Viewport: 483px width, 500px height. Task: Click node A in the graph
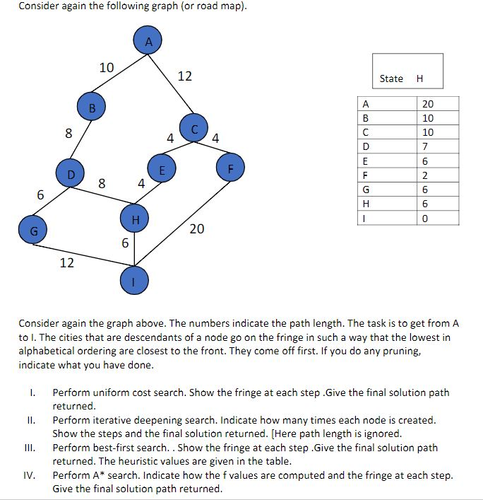click(x=148, y=42)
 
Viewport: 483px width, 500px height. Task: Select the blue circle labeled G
click(x=34, y=231)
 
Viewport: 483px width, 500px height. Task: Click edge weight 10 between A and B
click(x=107, y=68)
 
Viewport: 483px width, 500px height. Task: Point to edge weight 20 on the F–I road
click(x=197, y=229)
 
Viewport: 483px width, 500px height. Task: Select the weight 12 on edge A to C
click(x=184, y=76)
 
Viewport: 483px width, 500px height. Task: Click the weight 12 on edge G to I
click(x=67, y=263)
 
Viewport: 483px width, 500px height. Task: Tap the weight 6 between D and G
click(x=41, y=194)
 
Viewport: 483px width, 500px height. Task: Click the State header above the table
click(x=391, y=79)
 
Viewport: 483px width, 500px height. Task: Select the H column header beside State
click(x=420, y=79)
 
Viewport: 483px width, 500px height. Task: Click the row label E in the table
click(x=366, y=161)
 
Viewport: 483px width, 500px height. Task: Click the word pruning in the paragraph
click(x=422, y=351)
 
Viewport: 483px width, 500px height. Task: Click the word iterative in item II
click(x=109, y=420)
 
